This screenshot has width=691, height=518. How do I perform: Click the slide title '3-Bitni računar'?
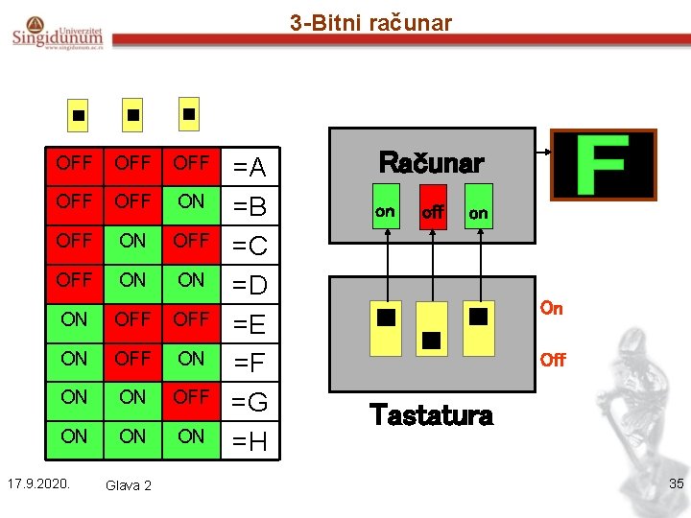coord(370,22)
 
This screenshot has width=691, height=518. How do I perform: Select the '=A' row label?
coord(250,169)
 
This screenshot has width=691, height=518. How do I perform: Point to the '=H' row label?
coord(250,441)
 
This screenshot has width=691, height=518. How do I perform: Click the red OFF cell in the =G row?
coord(191,396)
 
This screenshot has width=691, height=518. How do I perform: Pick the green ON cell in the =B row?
coord(191,201)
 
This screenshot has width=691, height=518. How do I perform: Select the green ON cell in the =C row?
coord(132,241)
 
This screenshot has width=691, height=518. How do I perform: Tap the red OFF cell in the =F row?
coord(132,358)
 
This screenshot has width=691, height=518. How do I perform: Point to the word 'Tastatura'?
coord(431,414)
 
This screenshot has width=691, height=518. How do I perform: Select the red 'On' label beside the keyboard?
coord(552,308)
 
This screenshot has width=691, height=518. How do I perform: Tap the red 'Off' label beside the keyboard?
coord(553,360)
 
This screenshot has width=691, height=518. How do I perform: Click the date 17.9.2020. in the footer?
coord(41,483)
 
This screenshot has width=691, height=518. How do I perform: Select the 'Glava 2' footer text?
coord(129,485)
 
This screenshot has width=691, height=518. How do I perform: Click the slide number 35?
coord(676,483)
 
